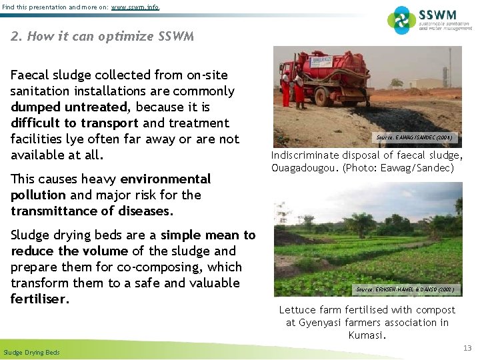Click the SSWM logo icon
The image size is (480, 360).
click(x=401, y=20)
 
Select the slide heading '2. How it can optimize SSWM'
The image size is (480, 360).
click(x=103, y=36)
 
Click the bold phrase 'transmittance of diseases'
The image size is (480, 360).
click(x=91, y=211)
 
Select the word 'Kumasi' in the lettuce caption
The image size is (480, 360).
click(x=367, y=335)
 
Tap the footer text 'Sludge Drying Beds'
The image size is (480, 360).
click(x=31, y=352)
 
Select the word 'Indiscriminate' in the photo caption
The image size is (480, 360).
click(x=307, y=155)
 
